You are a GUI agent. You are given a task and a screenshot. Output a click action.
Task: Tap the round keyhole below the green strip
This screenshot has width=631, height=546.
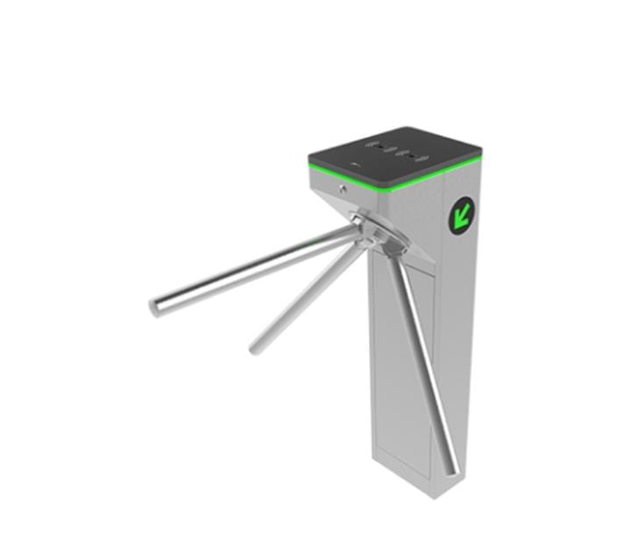(343, 187)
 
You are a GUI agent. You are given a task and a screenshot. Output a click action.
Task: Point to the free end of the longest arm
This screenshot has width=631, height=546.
(155, 307)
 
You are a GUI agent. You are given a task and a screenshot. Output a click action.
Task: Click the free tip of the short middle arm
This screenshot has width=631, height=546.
(255, 348)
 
